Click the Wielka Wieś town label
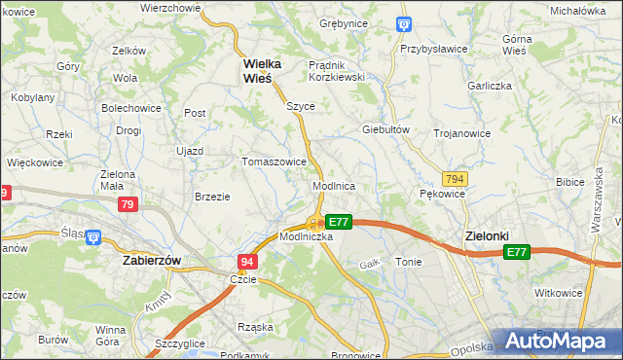click(262, 71)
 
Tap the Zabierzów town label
click(153, 261)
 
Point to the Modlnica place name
click(333, 185)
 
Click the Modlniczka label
click(307, 236)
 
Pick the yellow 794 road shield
click(454, 179)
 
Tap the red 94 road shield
click(248, 262)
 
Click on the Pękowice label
click(442, 195)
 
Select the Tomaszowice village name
click(275, 162)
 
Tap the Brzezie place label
click(212, 197)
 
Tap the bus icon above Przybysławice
click(405, 24)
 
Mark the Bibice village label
click(569, 182)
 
